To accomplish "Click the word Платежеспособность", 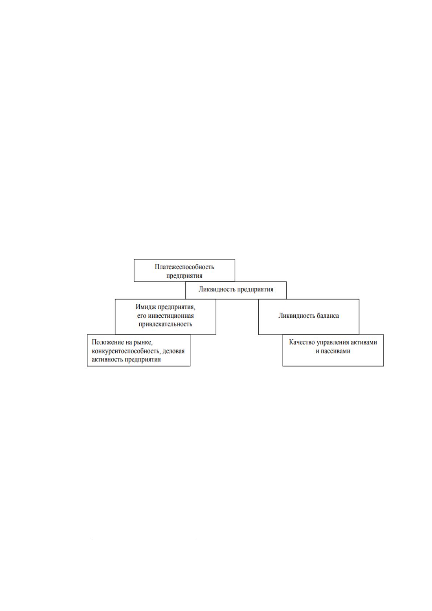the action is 184,267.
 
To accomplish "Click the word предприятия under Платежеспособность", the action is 184,275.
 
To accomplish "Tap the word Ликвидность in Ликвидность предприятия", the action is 217,289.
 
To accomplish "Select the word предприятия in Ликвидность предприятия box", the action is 255,290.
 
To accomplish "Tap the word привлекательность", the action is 165,324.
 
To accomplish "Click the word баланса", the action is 327,316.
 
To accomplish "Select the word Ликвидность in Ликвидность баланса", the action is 296,316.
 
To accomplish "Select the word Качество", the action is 302,342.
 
